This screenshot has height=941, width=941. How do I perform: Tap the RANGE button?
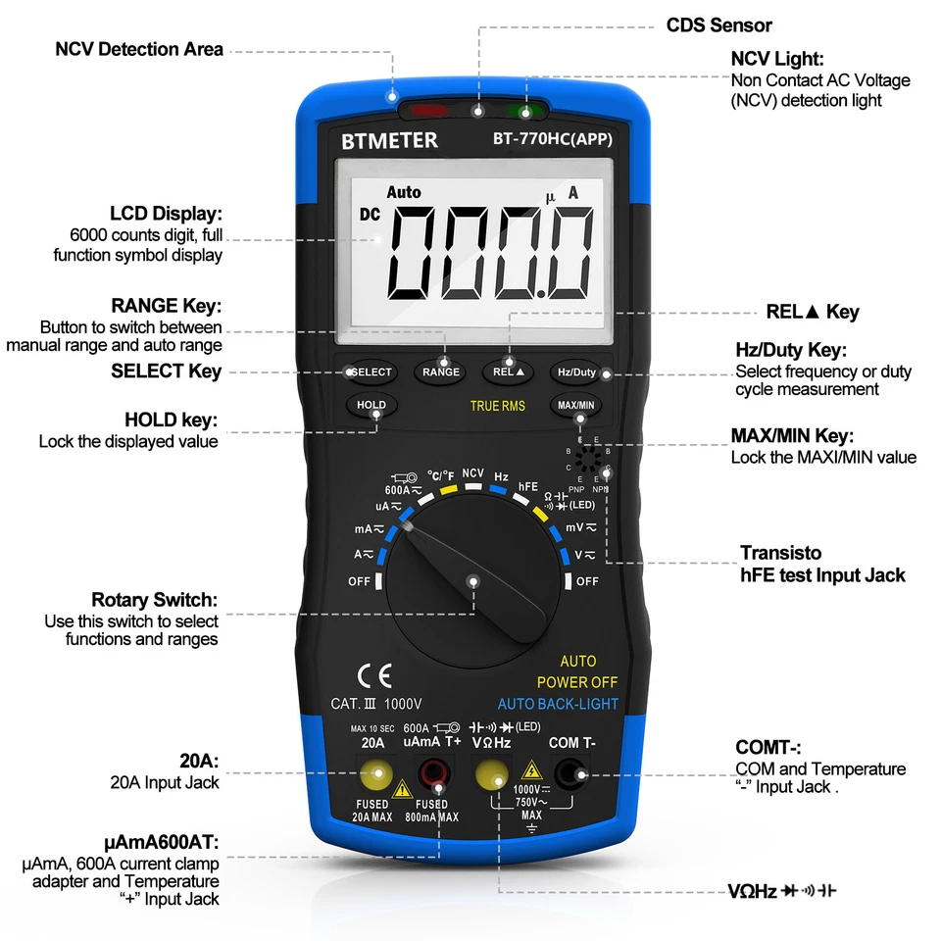click(x=441, y=372)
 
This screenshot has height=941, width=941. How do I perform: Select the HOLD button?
click(x=371, y=405)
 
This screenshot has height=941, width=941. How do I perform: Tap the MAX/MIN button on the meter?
click(x=576, y=405)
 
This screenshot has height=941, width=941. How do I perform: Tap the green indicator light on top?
click(x=523, y=111)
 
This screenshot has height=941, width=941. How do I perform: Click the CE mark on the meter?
click(x=373, y=675)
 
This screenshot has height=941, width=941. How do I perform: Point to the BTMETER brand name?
click(x=389, y=140)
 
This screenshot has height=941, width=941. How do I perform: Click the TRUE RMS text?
click(x=497, y=406)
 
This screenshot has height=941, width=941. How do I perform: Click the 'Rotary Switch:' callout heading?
click(x=154, y=600)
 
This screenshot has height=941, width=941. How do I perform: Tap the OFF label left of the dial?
click(x=360, y=581)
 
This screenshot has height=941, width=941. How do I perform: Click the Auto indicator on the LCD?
click(x=403, y=192)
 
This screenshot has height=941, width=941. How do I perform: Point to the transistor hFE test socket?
click(x=589, y=459)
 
